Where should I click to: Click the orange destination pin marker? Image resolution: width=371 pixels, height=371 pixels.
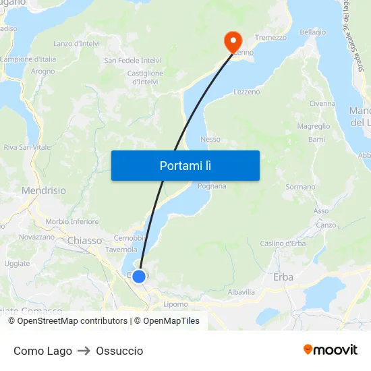[233, 42]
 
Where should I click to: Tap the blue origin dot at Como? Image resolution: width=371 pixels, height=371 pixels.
[139, 277]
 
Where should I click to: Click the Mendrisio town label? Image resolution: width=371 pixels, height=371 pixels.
[44, 191]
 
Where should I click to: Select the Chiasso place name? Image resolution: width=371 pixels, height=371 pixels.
[84, 241]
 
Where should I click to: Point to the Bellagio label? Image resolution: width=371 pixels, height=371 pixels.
[312, 32]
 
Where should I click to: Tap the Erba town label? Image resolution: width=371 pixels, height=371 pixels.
[283, 277]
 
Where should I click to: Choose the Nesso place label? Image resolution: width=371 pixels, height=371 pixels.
[210, 140]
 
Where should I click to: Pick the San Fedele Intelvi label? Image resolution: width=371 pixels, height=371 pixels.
[132, 60]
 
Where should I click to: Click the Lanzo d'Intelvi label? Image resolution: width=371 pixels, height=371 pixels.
[76, 44]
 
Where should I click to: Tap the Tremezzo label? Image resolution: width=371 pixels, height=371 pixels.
[270, 38]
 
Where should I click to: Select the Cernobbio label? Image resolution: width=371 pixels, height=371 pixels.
[130, 237]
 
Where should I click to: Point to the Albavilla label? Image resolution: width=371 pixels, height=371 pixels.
[241, 292]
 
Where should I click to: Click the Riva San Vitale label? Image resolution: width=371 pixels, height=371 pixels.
[27, 147]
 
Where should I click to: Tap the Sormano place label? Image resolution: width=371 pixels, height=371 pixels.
[300, 187]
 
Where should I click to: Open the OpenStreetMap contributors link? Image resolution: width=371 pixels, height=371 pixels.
[72, 321]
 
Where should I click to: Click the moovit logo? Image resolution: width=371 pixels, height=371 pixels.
[330, 349]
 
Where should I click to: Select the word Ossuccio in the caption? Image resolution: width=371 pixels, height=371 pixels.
[119, 351]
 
